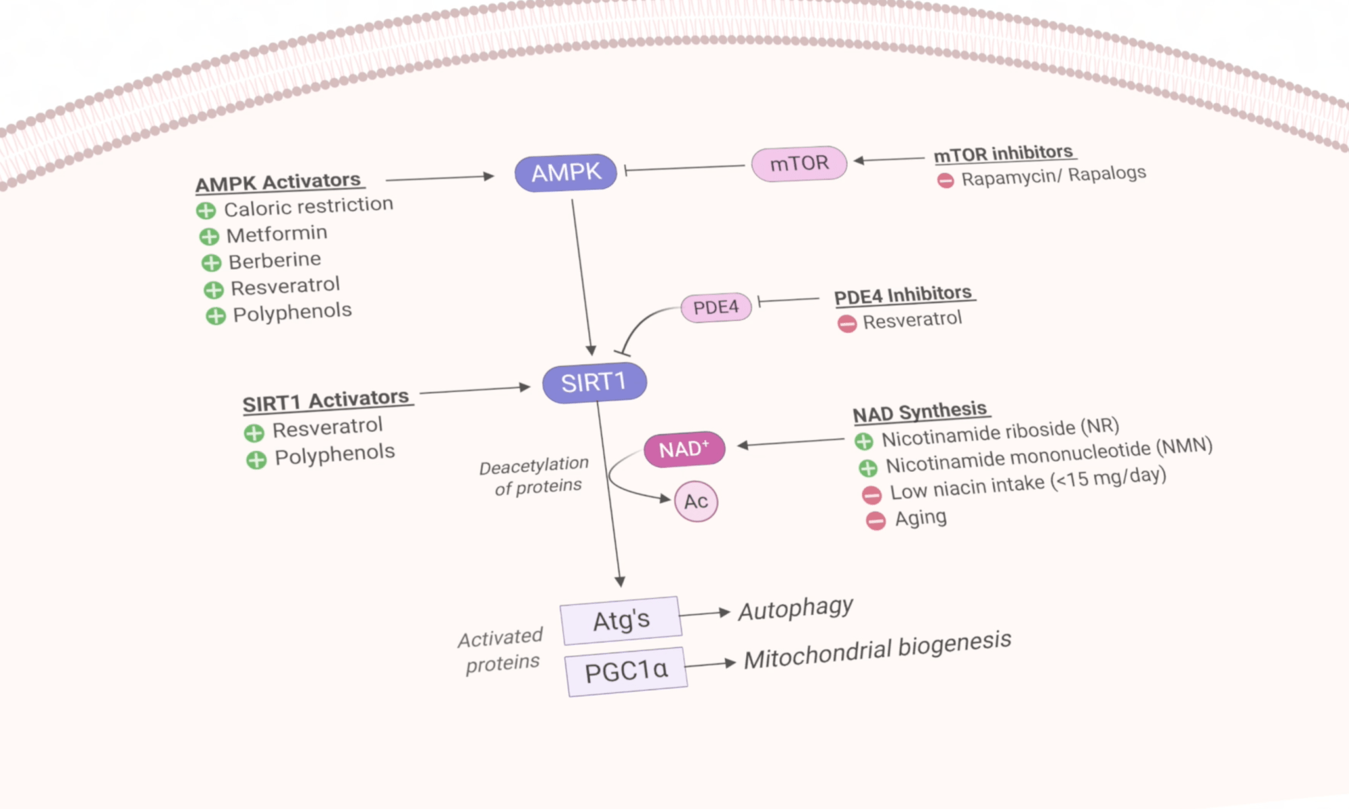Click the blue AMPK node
click(x=565, y=173)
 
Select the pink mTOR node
click(x=799, y=164)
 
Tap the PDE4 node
click(x=716, y=307)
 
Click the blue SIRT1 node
click(x=594, y=383)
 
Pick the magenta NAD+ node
click(x=684, y=450)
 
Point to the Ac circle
click(x=696, y=502)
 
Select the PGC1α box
click(x=626, y=671)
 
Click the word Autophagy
click(x=795, y=609)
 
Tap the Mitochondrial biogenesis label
click(x=877, y=650)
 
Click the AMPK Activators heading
click(x=279, y=183)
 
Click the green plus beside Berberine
click(x=211, y=263)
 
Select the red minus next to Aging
click(x=876, y=521)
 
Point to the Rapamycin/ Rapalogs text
click(x=1053, y=176)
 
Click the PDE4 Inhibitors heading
click(x=902, y=295)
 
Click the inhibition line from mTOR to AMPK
click(x=685, y=167)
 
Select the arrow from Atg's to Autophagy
click(x=705, y=613)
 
